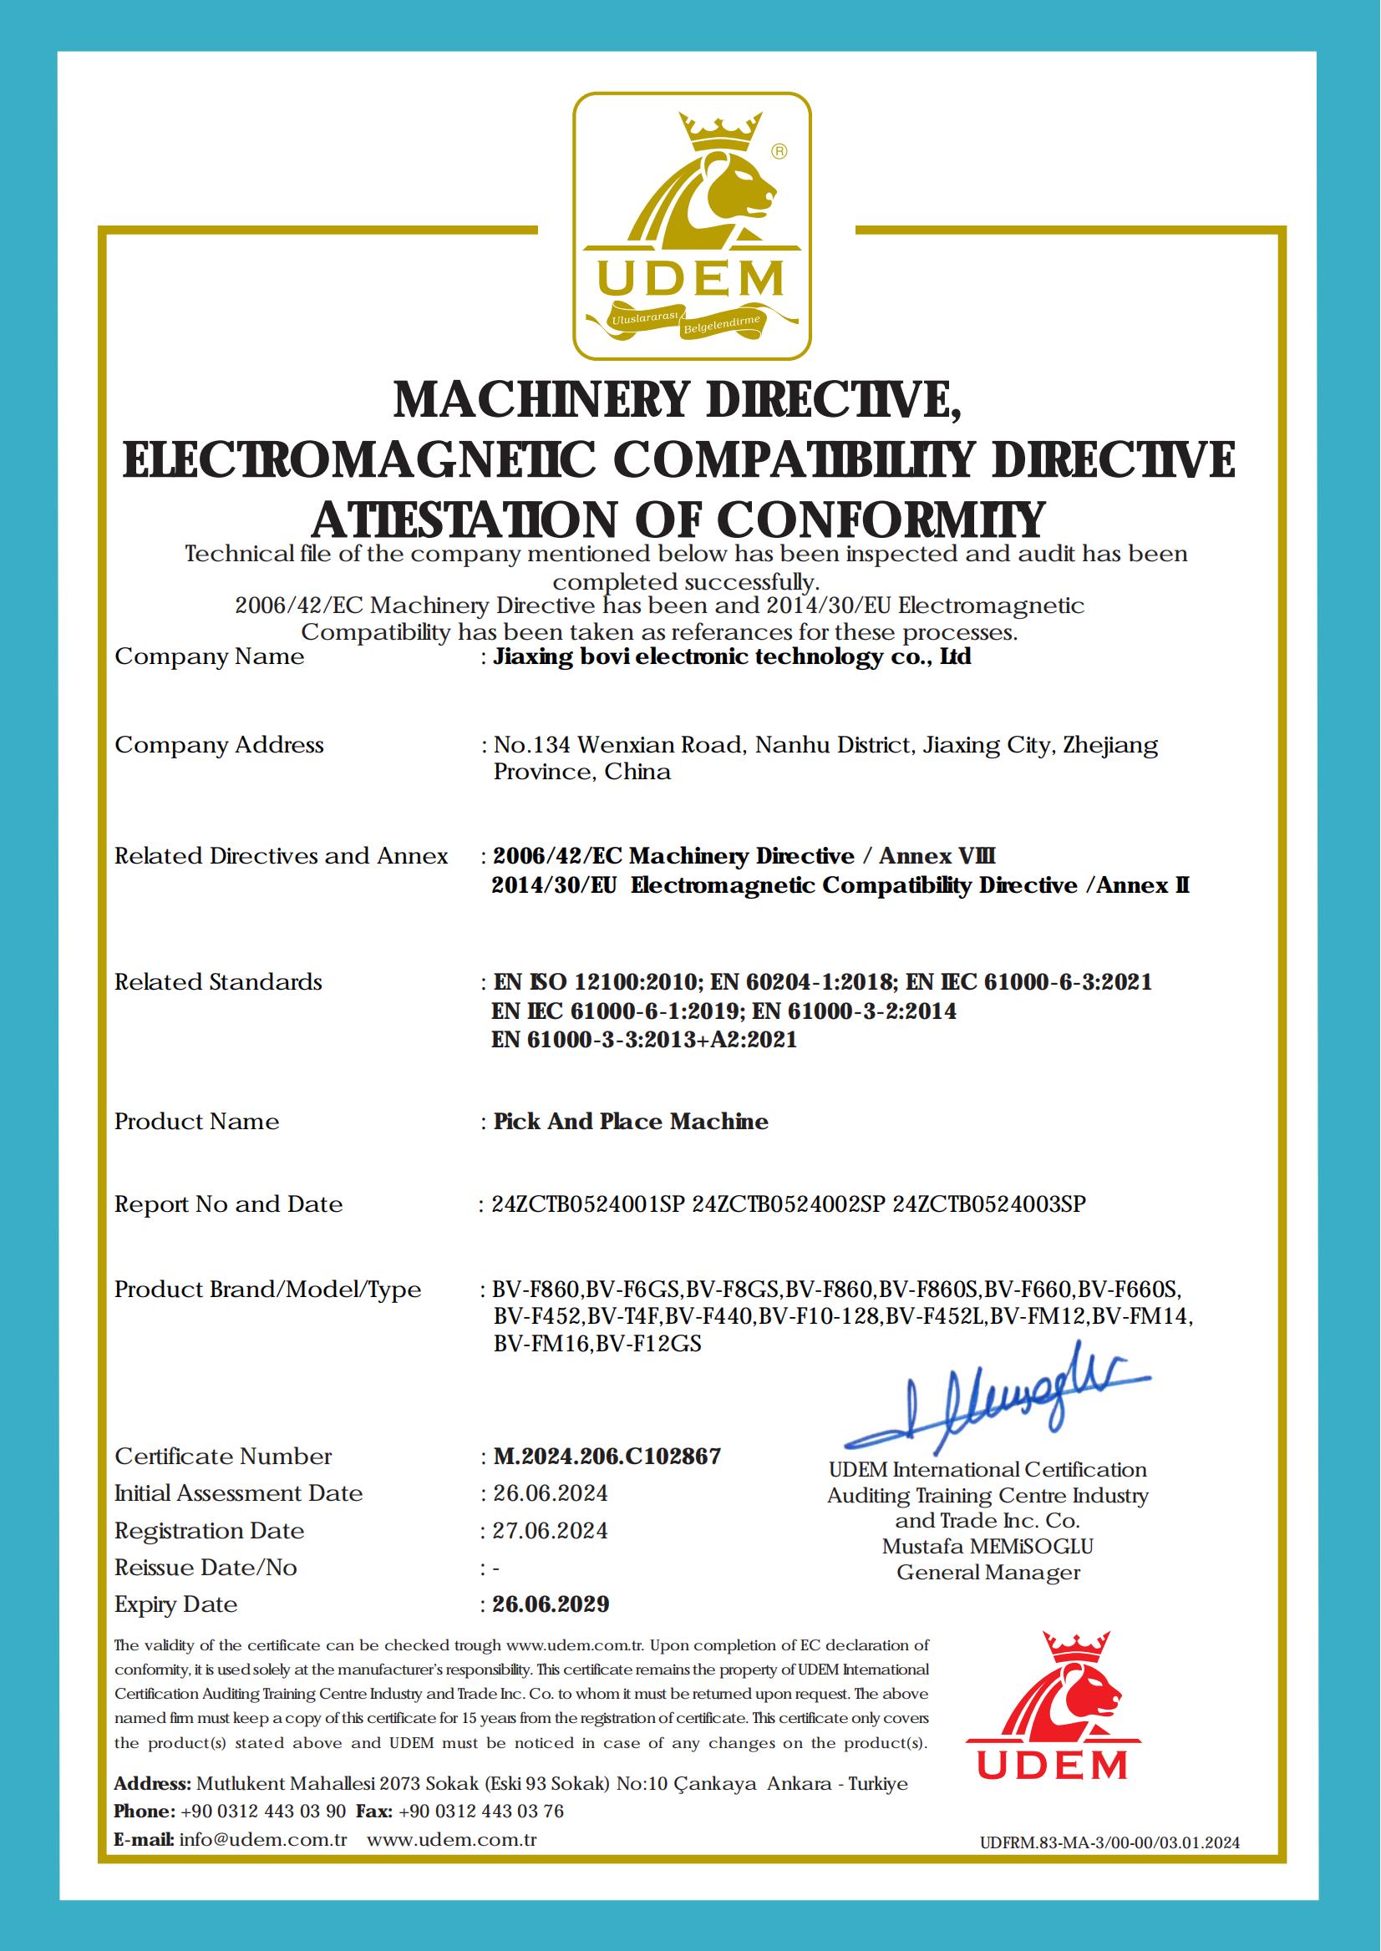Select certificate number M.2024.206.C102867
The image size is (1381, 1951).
(x=607, y=1457)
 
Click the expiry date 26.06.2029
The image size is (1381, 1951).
(x=551, y=1604)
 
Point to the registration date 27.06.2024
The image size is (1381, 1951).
(x=551, y=1530)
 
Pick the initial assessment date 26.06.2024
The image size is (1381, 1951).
(x=551, y=1492)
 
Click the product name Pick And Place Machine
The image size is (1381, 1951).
(x=631, y=1122)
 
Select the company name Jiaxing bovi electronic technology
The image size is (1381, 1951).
(x=731, y=656)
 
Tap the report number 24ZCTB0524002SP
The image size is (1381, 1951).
(x=790, y=1204)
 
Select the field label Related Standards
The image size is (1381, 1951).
(x=219, y=982)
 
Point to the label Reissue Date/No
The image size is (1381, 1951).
(x=206, y=1567)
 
